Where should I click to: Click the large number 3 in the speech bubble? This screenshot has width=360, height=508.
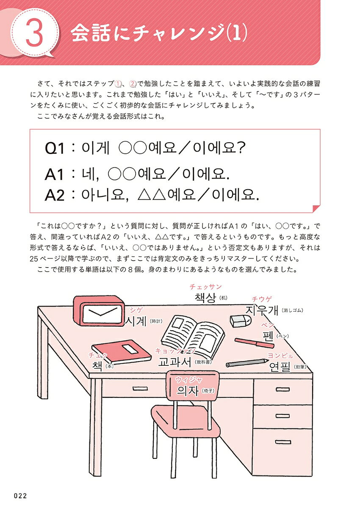click(x=34, y=33)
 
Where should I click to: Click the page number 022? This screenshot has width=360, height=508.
click(x=20, y=496)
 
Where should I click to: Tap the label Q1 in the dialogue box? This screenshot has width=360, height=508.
click(x=55, y=149)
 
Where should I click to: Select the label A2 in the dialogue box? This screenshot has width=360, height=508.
click(x=55, y=195)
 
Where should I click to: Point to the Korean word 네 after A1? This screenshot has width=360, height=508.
click(x=89, y=174)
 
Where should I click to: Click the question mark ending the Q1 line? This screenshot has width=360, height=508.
click(x=240, y=147)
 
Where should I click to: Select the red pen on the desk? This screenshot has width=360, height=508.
click(x=254, y=343)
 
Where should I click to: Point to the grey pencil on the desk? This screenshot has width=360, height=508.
click(x=247, y=363)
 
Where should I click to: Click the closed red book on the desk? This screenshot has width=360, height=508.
click(x=122, y=352)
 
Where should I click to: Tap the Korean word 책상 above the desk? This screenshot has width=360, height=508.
click(x=205, y=298)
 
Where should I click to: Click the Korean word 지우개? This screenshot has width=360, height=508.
click(x=262, y=310)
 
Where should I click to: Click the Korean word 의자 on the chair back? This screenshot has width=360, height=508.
click(x=188, y=390)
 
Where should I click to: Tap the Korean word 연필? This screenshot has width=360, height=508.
click(x=280, y=367)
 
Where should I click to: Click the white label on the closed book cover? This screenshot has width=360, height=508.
click(x=130, y=348)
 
